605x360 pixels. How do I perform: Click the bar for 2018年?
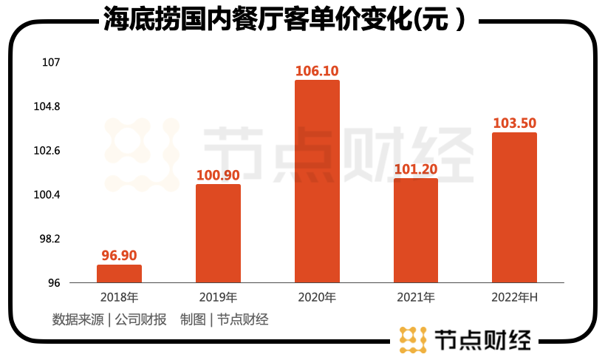point(119,274)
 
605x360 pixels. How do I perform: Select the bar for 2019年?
point(218,234)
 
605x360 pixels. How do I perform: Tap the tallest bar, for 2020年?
point(317,181)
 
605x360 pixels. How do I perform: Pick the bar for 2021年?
point(416,231)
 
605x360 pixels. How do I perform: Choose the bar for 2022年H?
point(515,208)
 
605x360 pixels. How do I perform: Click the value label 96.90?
point(119,256)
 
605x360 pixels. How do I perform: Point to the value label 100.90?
point(218,176)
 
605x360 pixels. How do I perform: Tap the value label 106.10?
point(317,71)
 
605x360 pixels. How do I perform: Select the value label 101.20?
point(416,169)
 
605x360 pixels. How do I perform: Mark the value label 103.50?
point(515,123)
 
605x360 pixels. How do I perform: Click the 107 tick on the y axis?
point(51,63)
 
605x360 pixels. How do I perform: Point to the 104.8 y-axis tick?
point(47,107)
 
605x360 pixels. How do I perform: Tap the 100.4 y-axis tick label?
point(47,195)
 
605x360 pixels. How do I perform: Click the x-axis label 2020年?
point(317,298)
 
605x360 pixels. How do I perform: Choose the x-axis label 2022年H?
point(515,298)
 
